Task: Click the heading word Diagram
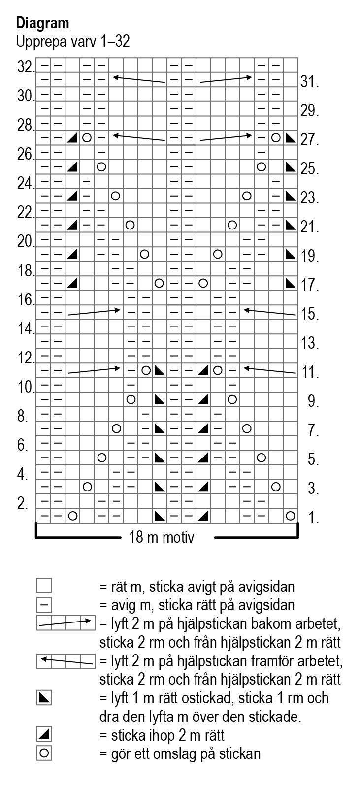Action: point(42,23)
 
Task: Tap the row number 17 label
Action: point(310,285)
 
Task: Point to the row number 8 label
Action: point(22,417)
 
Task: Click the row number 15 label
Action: point(310,314)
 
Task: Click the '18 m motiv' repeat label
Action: point(162,537)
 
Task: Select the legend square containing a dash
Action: point(44,604)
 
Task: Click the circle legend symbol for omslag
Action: point(44,753)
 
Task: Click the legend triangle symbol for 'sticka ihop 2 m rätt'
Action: point(44,735)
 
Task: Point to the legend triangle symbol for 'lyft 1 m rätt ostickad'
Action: point(44,698)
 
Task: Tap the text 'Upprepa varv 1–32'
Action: point(73,42)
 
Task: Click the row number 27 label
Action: point(310,140)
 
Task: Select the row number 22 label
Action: point(25,213)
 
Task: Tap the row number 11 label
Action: point(311,372)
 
